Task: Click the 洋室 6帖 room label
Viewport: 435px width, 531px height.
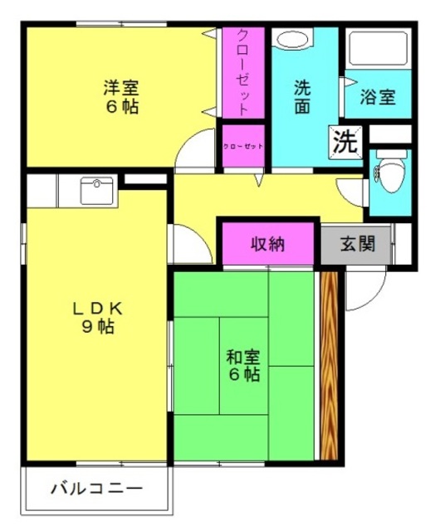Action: tap(121, 97)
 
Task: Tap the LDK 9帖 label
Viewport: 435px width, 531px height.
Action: tap(98, 318)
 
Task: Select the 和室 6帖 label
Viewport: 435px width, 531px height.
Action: tap(243, 365)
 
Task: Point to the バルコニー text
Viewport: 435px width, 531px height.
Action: tap(96, 489)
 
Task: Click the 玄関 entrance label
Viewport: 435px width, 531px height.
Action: tap(358, 243)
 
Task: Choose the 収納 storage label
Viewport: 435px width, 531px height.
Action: tap(267, 243)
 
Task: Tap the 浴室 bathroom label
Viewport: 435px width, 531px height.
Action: tap(378, 96)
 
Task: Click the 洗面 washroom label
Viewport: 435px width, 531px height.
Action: tap(302, 97)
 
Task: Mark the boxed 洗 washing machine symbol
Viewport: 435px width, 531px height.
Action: tap(345, 142)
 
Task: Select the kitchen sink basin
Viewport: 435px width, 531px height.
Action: tap(97, 191)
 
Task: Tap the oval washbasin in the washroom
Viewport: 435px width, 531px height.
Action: tap(292, 39)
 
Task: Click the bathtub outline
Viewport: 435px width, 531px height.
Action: tap(378, 48)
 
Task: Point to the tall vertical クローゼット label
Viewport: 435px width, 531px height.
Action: tap(243, 72)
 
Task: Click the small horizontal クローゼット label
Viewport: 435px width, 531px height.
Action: tap(243, 146)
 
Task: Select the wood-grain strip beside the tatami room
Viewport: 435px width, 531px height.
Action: tap(329, 366)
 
